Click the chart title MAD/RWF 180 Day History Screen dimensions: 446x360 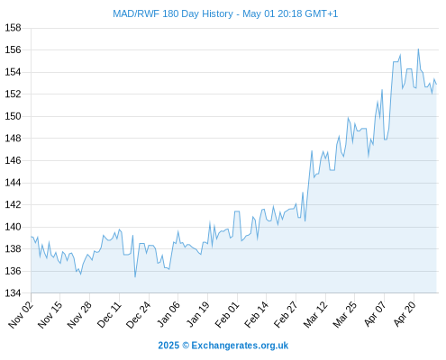pyautogui.click(x=173, y=14)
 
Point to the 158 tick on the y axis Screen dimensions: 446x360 pyautogui.click(x=14, y=28)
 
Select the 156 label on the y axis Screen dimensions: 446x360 pyautogui.click(x=14, y=49)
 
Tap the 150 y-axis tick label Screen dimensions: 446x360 pyautogui.click(x=14, y=116)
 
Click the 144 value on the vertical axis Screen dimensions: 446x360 pyautogui.click(x=14, y=183)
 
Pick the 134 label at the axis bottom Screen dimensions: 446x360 pyautogui.click(x=14, y=293)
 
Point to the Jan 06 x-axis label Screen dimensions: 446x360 pyautogui.click(x=168, y=314)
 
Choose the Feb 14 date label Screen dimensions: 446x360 pyautogui.click(x=256, y=314)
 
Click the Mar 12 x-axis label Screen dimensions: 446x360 pyautogui.click(x=314, y=314)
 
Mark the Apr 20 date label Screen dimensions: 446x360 pyautogui.click(x=404, y=314)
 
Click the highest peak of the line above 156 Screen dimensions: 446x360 pyautogui.click(x=418, y=49)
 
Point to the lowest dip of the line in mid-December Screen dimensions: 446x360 pyautogui.click(x=135, y=277)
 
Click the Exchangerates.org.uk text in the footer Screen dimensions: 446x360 pyautogui.click(x=240, y=346)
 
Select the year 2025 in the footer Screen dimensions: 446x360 pyautogui.click(x=168, y=346)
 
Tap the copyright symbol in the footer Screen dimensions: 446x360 pyautogui.click(x=186, y=346)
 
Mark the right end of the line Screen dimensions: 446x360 pyautogui.click(x=436, y=85)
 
